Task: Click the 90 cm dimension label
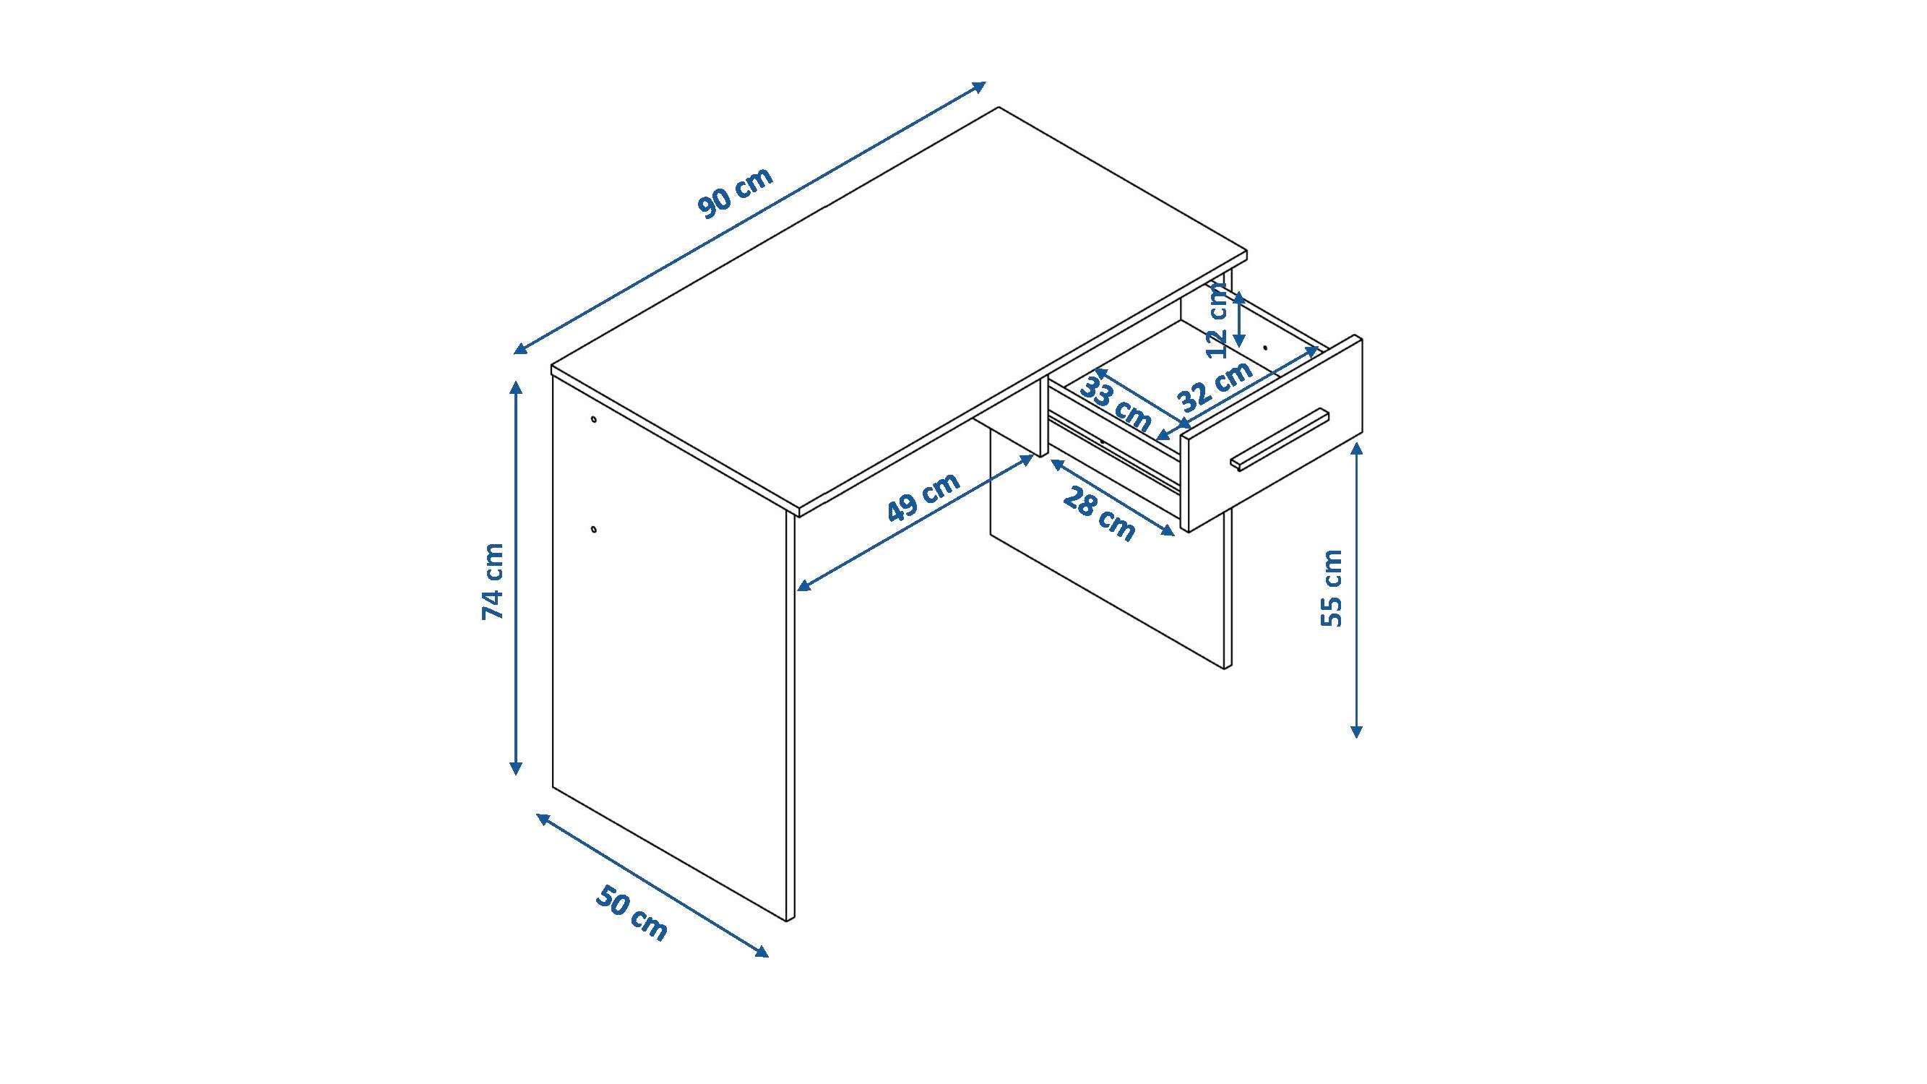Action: [x=735, y=193]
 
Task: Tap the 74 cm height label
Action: [x=493, y=581]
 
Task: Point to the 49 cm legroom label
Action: [x=923, y=496]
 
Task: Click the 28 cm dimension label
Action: [x=1098, y=512]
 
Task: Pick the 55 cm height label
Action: [x=1332, y=588]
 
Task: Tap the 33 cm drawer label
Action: [x=1115, y=404]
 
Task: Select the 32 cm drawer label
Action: [x=1215, y=386]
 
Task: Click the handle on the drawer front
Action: [x=1279, y=440]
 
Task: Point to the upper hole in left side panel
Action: [x=594, y=419]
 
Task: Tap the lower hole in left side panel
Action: [x=594, y=530]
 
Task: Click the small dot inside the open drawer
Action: [x=1265, y=348]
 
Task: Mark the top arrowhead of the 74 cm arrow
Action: [x=515, y=386]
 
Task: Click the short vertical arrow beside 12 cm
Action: [x=1240, y=319]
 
